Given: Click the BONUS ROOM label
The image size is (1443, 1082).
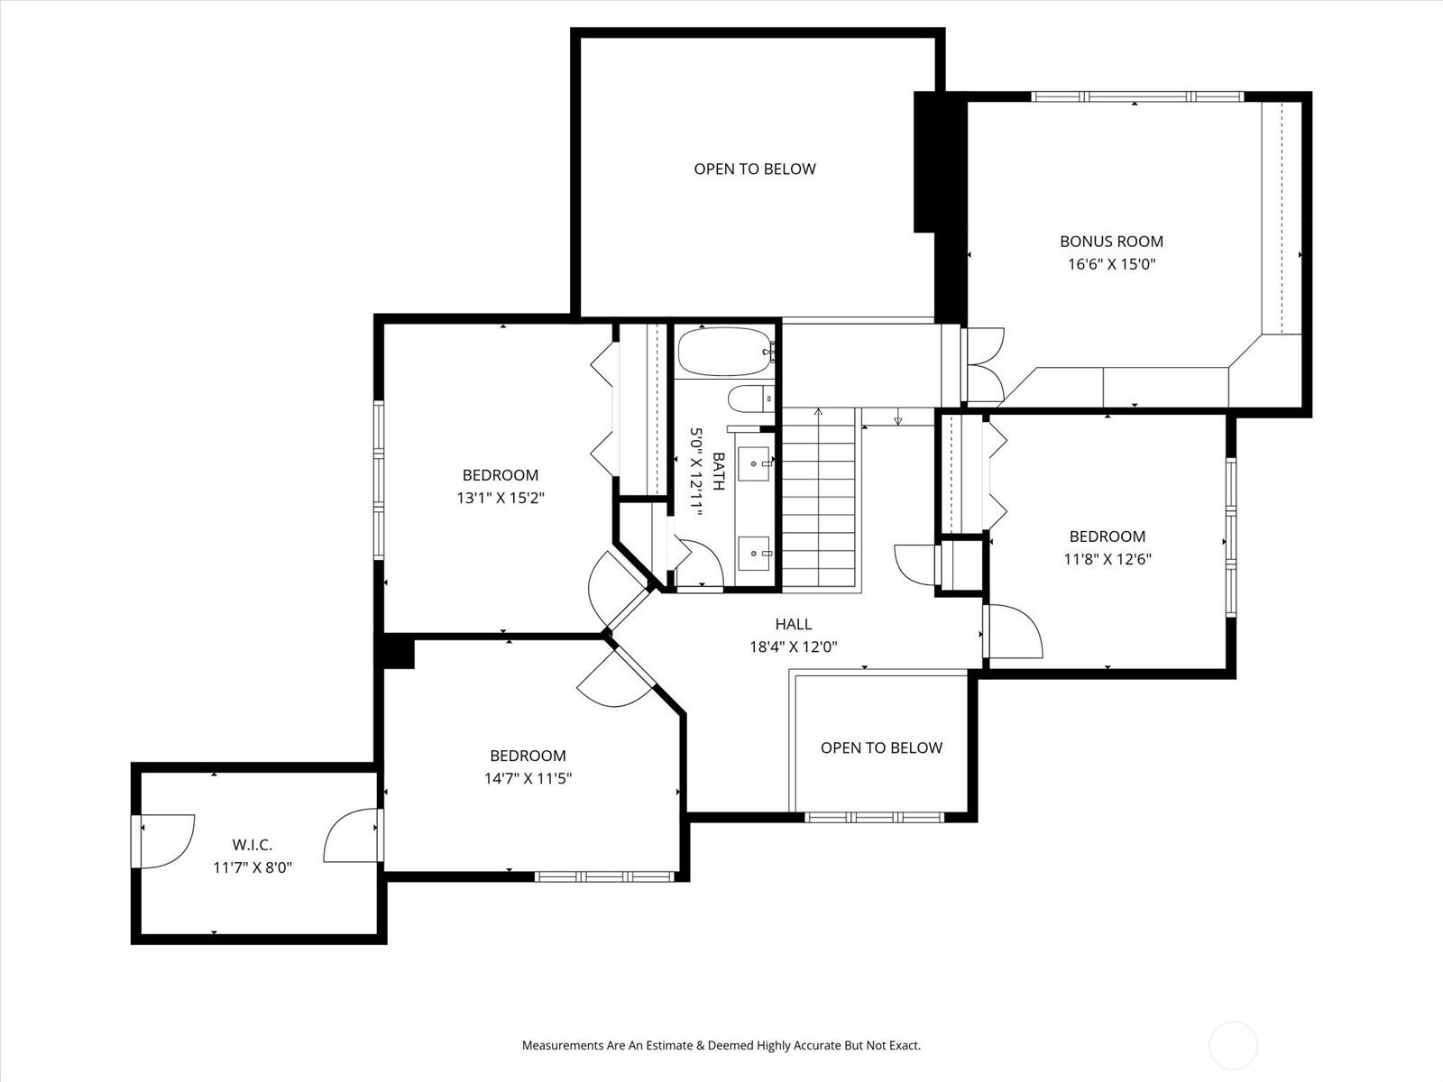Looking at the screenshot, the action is point(1111,241).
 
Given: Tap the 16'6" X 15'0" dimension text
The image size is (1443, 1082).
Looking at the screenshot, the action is point(1111,264).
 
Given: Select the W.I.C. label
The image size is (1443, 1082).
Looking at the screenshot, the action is point(252,845).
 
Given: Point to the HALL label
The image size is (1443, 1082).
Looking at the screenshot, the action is point(793,623).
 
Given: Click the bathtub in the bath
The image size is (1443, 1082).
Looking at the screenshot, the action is point(726,353).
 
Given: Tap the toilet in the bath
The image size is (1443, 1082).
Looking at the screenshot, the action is point(750,399).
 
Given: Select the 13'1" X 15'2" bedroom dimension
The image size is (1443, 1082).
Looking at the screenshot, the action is point(501,498).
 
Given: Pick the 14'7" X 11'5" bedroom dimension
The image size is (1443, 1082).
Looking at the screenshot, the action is point(528,778).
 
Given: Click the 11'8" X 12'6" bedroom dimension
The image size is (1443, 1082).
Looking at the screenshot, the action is point(1108,559).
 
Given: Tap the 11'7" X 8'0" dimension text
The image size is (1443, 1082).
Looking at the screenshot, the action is point(252,867).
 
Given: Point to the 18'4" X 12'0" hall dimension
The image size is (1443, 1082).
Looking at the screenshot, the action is point(793,646).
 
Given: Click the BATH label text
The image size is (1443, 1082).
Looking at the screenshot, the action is point(719,471).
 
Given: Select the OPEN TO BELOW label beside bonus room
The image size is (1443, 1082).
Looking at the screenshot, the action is point(755,169).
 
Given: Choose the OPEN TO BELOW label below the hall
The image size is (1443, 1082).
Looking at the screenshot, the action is point(881,747).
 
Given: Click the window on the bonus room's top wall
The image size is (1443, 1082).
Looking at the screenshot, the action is point(1136,96).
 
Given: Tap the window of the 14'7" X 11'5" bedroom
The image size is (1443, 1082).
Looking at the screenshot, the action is point(604,876).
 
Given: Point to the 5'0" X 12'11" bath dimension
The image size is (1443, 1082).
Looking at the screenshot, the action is point(695,471).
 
